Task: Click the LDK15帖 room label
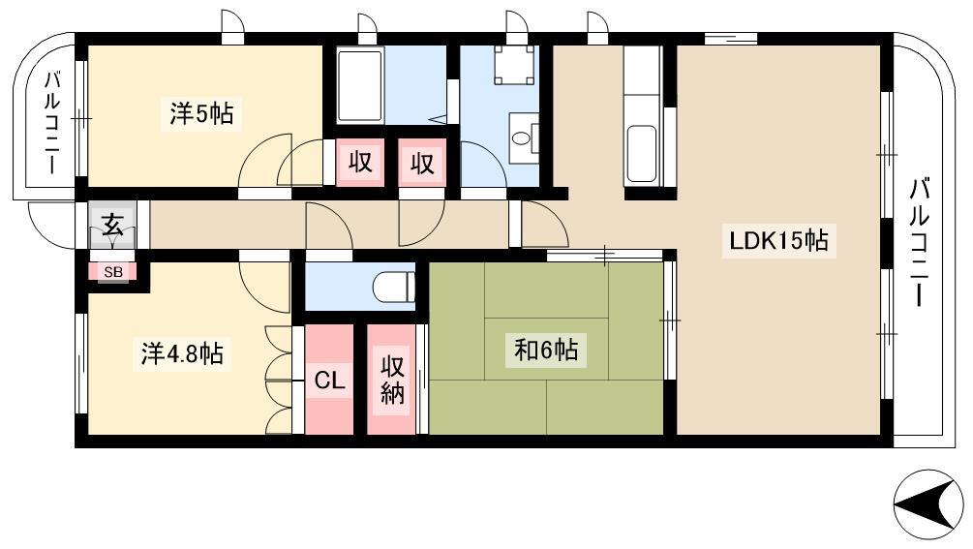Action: (778, 240)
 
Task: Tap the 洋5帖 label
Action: (201, 113)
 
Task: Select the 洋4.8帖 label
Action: (182, 353)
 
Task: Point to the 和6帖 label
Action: (546, 351)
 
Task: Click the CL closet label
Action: (329, 380)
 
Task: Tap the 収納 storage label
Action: (391, 380)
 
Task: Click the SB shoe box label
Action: (113, 272)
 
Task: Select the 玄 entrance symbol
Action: (112, 224)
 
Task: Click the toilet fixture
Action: (394, 287)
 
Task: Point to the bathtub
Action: (360, 86)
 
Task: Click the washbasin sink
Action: (524, 137)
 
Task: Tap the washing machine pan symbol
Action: (514, 65)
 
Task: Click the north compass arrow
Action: (928, 504)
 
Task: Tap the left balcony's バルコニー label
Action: (52, 123)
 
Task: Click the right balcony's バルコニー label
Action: (920, 242)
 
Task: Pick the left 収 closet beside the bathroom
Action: (360, 163)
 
